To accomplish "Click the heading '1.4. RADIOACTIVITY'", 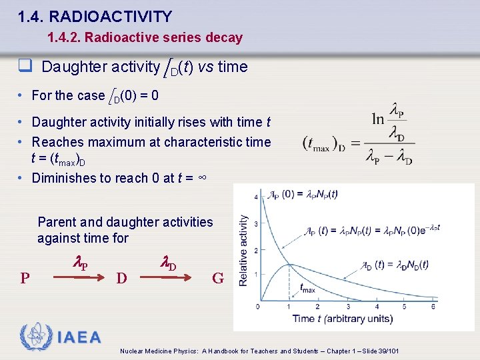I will tap(95, 16).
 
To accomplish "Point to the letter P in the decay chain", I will tap(25, 277).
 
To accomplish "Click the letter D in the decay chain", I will tap(121, 277).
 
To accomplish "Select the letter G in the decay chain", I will tap(217, 277).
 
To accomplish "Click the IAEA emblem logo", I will tap(35, 337).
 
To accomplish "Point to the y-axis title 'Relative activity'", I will tap(244, 250).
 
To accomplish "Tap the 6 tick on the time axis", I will tap(433, 307).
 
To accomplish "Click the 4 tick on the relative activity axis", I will tap(257, 197).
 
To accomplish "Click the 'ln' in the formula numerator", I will tap(378, 119).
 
